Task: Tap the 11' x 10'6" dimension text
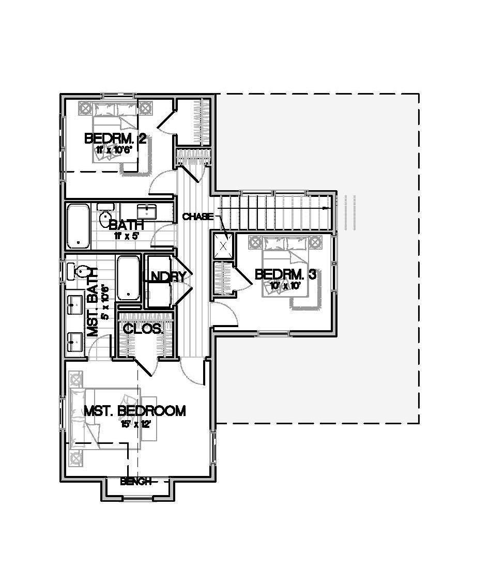(x=114, y=150)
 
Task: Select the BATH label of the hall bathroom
(x=126, y=225)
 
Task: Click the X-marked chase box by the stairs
(x=223, y=245)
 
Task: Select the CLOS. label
(x=143, y=329)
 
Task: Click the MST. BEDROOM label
(x=134, y=411)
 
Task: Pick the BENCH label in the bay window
(x=135, y=482)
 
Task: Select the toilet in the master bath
(x=80, y=271)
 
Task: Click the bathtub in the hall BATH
(x=78, y=226)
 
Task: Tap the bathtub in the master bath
(x=128, y=278)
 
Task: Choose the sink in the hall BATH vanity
(x=147, y=211)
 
